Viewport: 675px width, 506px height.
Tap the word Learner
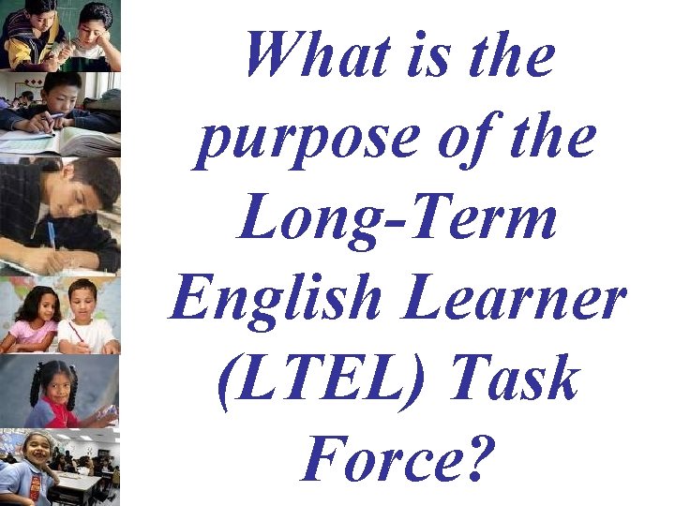coord(528,300)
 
